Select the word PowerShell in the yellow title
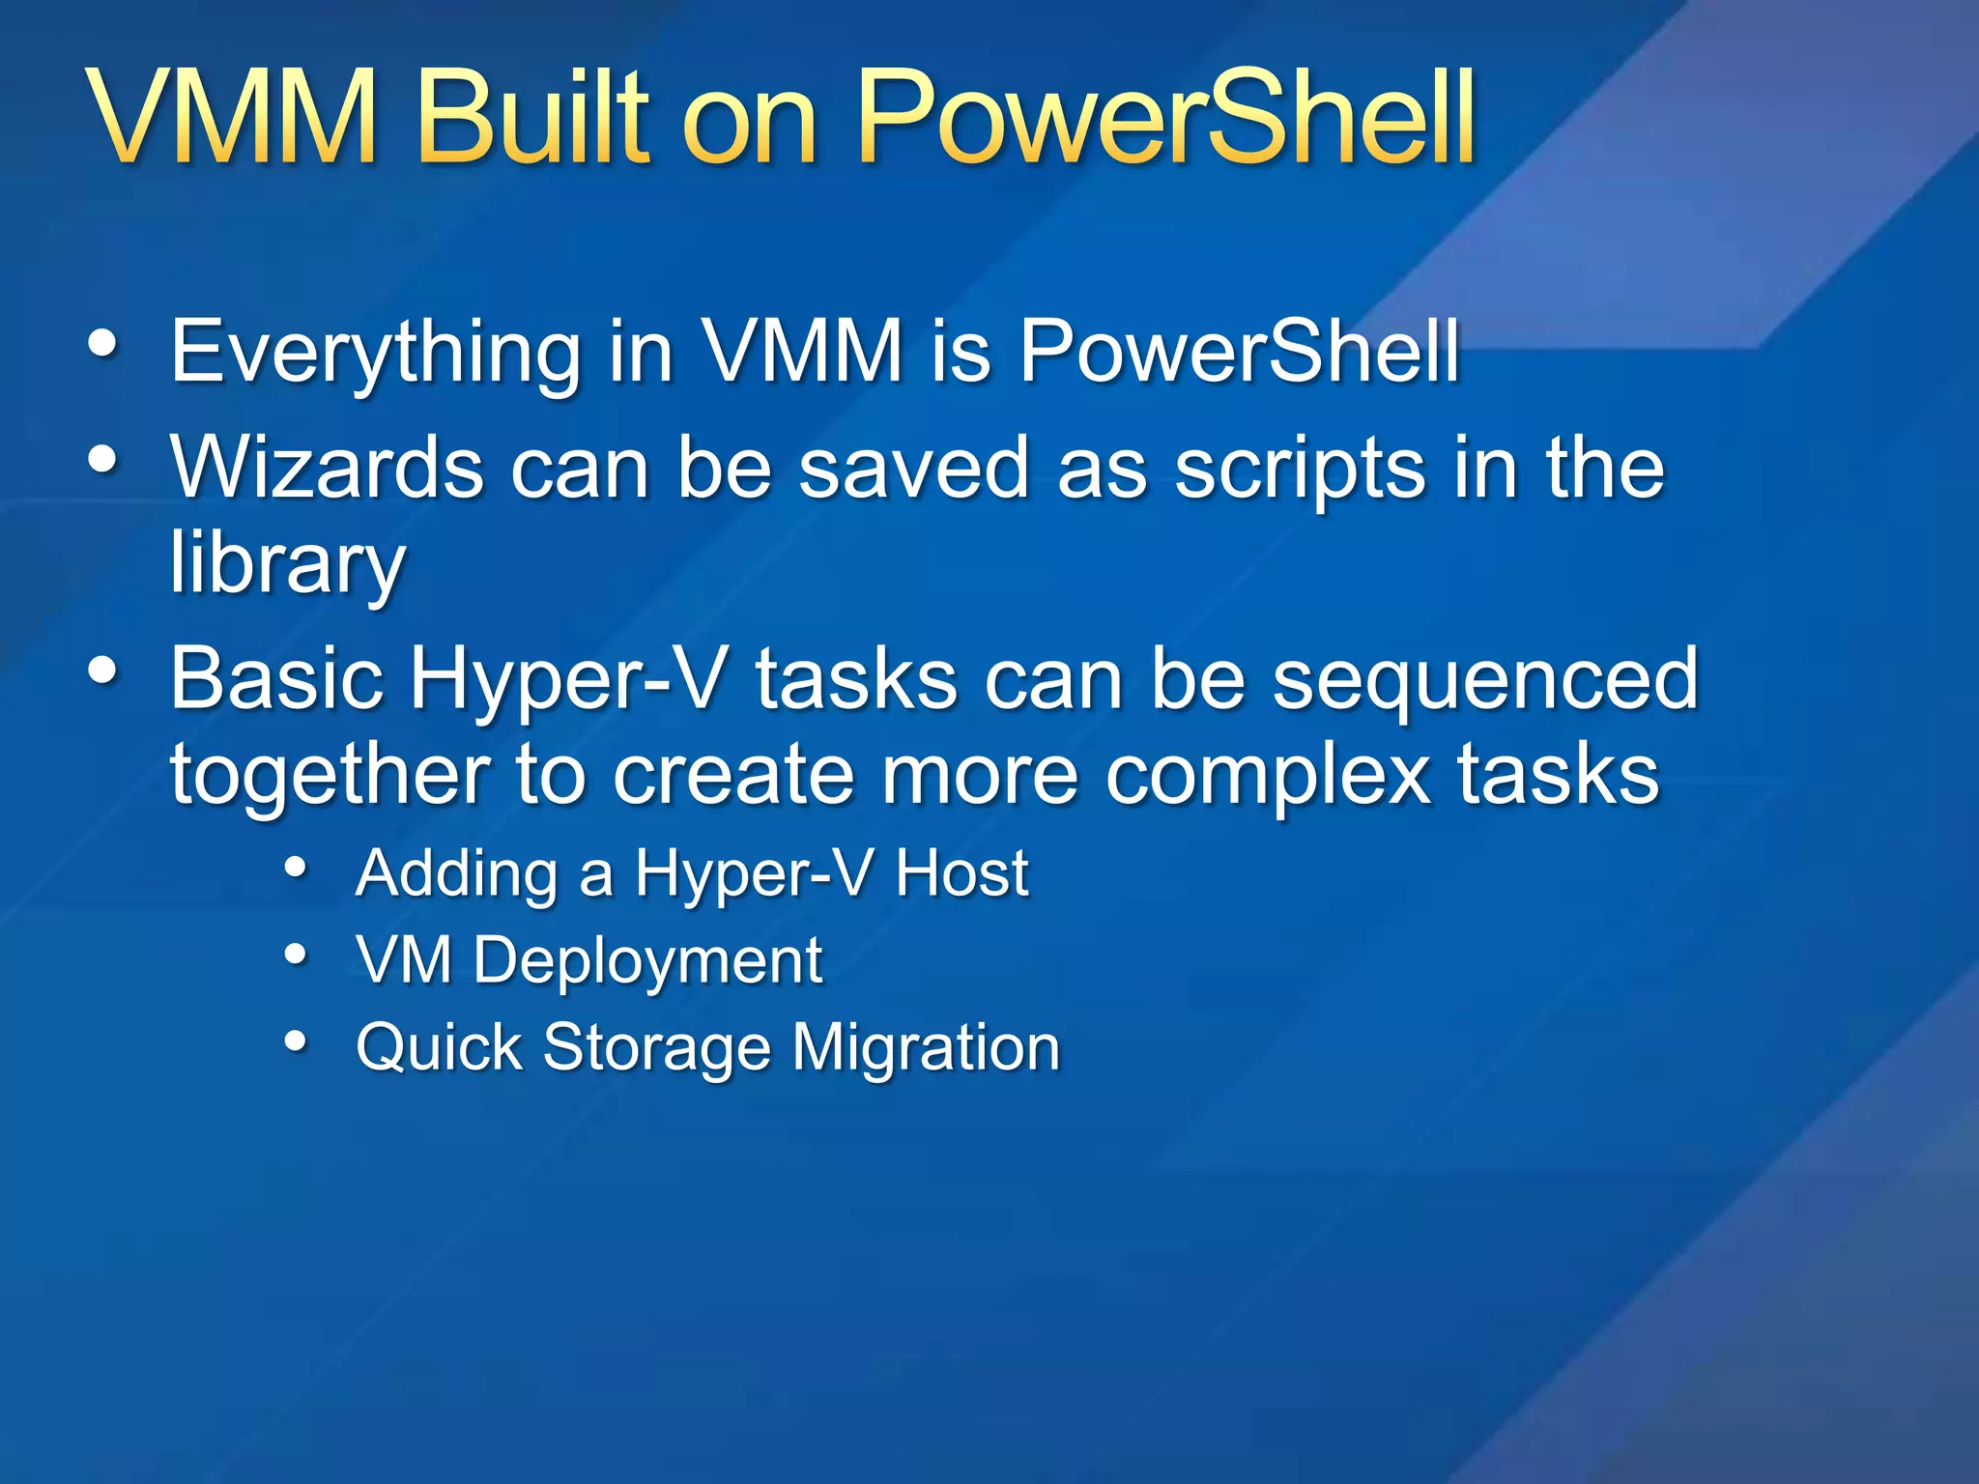[x=1166, y=118]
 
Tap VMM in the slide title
[x=232, y=118]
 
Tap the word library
[x=288, y=565]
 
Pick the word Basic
[x=275, y=678]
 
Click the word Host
[x=961, y=873]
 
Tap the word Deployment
[x=647, y=962]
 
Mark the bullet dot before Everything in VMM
[x=102, y=344]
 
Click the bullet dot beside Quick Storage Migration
[x=296, y=1042]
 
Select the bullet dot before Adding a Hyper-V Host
[x=296, y=867]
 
